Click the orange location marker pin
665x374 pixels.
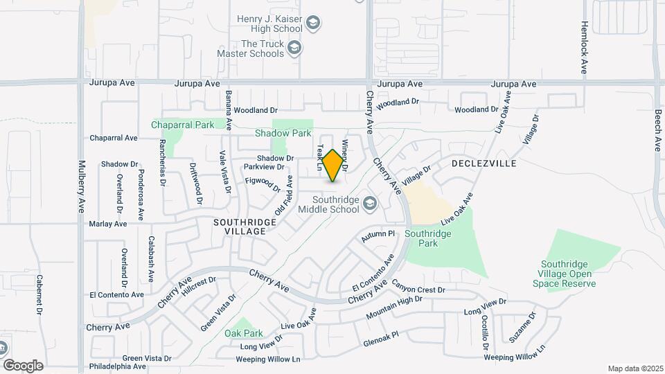[333, 165]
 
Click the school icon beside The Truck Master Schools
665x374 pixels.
[295, 47]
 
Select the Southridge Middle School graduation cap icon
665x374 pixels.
[370, 203]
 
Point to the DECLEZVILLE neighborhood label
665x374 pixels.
[484, 163]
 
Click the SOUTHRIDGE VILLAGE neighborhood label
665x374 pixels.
[245, 226]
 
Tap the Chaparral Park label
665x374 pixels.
[183, 125]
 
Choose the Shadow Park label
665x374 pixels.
[283, 132]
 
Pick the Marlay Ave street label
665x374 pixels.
[108, 224]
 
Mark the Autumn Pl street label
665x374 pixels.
[378, 235]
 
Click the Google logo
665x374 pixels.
[23, 365]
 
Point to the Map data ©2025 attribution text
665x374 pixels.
[635, 368]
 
